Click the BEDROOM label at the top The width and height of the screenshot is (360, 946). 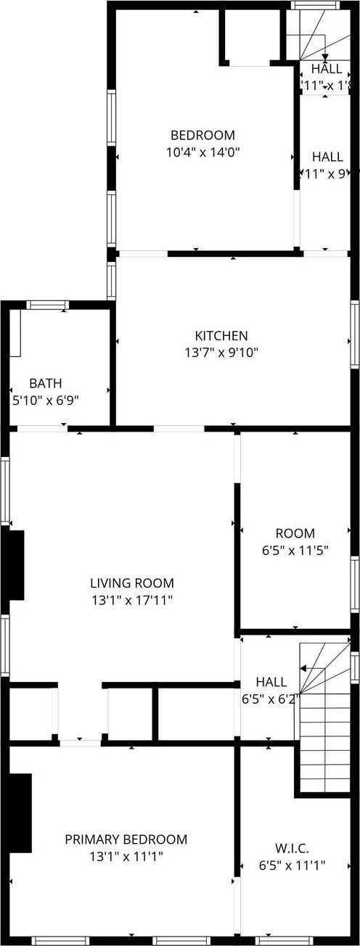click(202, 135)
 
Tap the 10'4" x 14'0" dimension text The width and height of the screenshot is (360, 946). click(202, 152)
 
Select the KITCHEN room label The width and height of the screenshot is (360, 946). click(221, 336)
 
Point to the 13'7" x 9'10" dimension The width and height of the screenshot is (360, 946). click(221, 353)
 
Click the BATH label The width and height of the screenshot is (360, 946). click(46, 383)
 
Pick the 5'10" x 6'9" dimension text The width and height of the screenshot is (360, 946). click(46, 400)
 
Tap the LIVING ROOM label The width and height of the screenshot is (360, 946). click(132, 583)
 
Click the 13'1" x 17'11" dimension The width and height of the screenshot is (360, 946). click(132, 600)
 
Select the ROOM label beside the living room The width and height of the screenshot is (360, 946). click(295, 533)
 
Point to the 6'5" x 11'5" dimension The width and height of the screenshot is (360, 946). click(295, 551)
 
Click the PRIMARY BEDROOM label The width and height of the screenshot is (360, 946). click(126, 839)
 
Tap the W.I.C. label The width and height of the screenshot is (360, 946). click(292, 847)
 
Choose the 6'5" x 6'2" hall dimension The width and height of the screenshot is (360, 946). click(271, 699)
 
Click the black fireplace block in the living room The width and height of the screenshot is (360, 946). click(15, 565)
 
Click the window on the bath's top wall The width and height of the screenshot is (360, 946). click(48, 305)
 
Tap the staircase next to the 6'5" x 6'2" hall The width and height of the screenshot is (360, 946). click(324, 718)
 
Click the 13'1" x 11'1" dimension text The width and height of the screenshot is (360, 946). click(126, 857)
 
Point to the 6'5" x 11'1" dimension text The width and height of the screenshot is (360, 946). click(292, 865)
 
